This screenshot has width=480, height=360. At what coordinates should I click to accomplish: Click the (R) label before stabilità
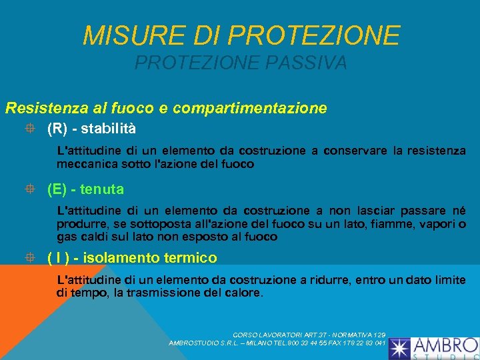coord(58,127)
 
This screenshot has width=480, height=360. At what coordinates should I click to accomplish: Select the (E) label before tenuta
coord(57,189)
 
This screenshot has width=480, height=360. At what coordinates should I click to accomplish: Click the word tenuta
coord(103,189)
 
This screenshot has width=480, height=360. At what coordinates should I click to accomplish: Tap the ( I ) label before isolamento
coord(57,257)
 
